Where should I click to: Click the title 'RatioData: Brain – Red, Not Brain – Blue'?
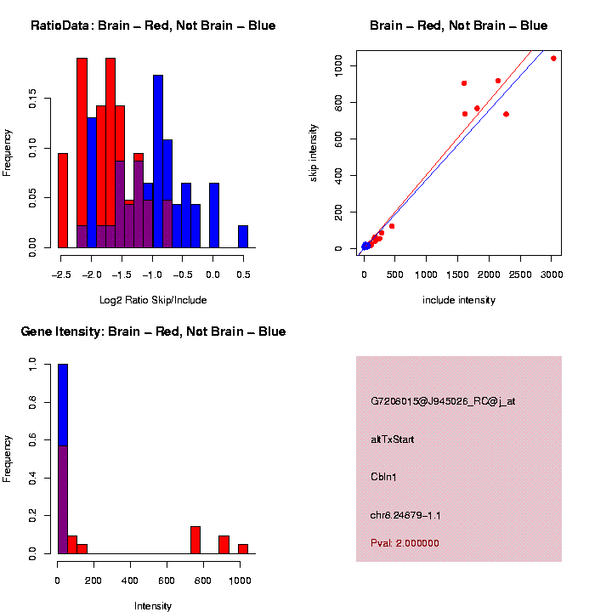tap(153, 25)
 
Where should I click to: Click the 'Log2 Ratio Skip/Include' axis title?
tap(153, 300)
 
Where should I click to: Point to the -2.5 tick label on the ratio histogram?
tap(59, 275)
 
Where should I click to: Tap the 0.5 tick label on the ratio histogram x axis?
tap(243, 275)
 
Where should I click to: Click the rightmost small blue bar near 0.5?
tap(243, 236)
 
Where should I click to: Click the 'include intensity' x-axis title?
tap(459, 300)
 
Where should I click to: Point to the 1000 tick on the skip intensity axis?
tap(338, 65)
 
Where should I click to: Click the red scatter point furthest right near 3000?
tap(553, 59)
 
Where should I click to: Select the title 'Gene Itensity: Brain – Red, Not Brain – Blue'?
tap(153, 331)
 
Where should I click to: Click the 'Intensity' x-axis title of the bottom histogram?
tap(153, 606)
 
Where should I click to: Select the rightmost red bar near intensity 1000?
tap(243, 549)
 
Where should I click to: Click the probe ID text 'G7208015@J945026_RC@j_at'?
tap(443, 401)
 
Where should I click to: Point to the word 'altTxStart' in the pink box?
tap(393, 439)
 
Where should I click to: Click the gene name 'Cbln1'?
tap(384, 477)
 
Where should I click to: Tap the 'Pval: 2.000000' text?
tap(405, 543)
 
